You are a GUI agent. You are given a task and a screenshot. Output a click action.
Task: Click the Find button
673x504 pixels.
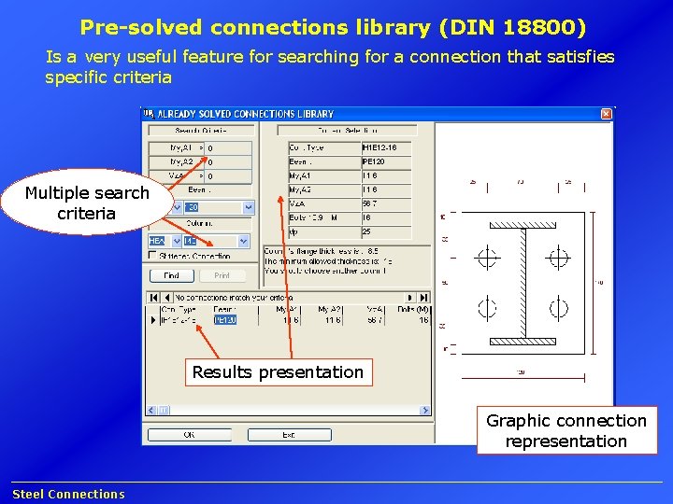[x=172, y=275]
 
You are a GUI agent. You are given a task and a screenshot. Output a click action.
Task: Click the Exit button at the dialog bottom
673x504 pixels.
[x=290, y=434]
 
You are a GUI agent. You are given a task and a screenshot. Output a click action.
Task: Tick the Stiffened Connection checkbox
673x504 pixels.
[x=154, y=256]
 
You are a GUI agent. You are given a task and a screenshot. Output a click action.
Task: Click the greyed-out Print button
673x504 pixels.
[x=222, y=275]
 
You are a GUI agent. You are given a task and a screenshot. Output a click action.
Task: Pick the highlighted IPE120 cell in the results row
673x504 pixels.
[x=225, y=319]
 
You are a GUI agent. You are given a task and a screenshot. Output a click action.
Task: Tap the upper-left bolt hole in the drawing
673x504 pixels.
[x=487, y=257]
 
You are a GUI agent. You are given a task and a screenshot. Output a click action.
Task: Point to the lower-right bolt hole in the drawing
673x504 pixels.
[x=558, y=307]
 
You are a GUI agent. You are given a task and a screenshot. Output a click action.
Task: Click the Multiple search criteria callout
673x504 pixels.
[x=86, y=203]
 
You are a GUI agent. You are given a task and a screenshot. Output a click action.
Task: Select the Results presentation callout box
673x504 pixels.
[x=278, y=372]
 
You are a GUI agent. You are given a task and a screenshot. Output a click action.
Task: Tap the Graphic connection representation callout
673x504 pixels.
[x=566, y=430]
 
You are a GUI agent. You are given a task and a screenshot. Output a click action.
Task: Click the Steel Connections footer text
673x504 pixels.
[x=68, y=494]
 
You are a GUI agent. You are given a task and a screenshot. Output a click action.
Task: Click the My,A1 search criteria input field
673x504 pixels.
[x=228, y=147]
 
